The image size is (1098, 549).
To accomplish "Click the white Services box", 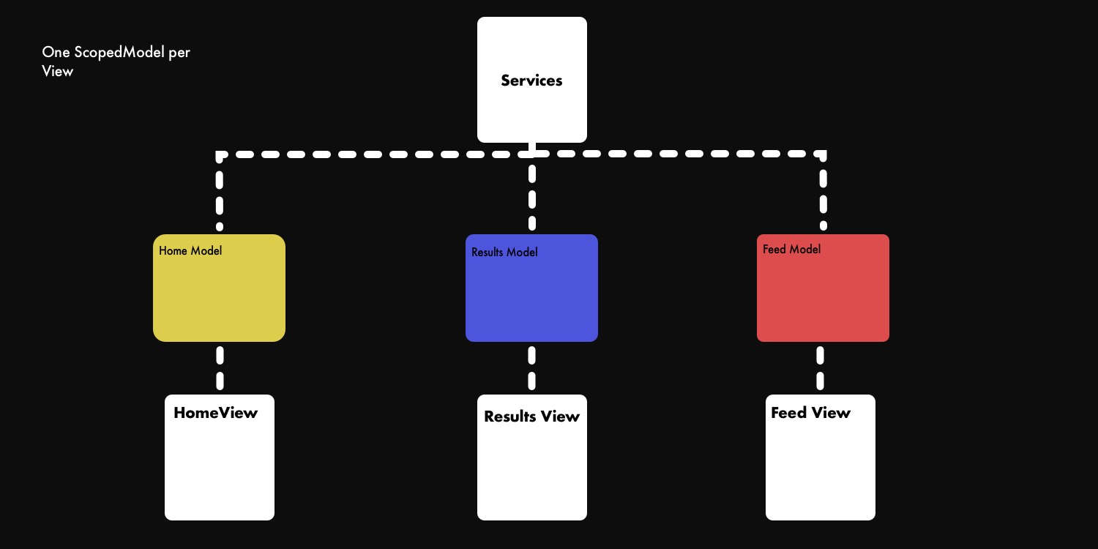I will pos(532,110).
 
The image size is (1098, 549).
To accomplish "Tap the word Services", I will pos(531,81).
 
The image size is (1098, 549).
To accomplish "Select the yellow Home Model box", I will pos(219,296).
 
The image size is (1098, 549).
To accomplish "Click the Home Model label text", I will pos(190,251).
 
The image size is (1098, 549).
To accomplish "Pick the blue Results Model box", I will pos(531,296).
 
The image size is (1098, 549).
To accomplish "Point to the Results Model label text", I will pos(504,253).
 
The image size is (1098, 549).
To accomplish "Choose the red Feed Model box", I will pos(823,296).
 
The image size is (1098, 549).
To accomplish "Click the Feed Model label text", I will pos(791,250).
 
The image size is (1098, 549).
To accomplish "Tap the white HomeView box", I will pos(220,468).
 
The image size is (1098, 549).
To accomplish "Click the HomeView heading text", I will pos(215,413).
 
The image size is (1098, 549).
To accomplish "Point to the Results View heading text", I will pos(531,417).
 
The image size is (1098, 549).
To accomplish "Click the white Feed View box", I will pos(821,468).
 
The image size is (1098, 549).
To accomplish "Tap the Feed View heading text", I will pos(810,413).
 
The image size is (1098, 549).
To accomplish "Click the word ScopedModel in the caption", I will pos(115,53).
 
